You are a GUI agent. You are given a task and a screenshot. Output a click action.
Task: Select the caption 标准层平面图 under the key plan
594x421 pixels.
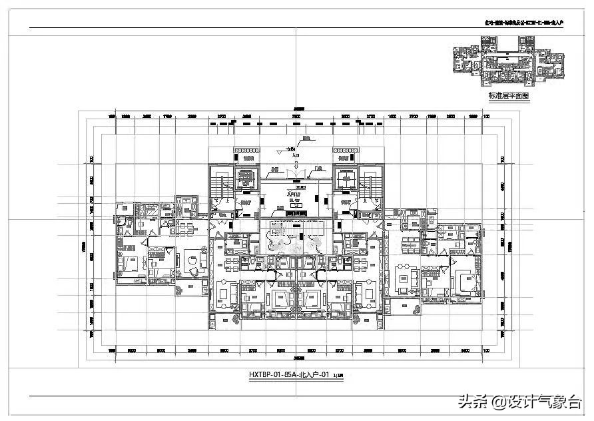point(508,96)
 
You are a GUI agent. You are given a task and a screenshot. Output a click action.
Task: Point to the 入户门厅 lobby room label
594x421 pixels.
point(294,193)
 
